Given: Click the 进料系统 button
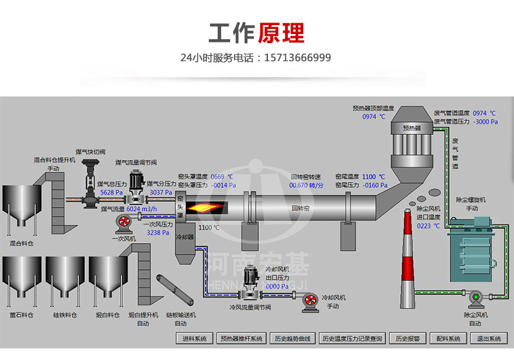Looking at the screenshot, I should click(195, 338).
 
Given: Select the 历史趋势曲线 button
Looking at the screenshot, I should click(292, 338).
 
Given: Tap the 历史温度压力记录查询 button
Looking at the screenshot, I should click(352, 338).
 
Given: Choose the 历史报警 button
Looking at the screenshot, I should click(407, 338).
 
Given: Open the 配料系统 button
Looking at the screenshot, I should click(447, 338).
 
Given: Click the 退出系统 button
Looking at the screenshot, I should click(488, 338).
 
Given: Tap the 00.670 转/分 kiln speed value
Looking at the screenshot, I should click(306, 185).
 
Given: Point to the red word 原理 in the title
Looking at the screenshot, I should click(281, 32).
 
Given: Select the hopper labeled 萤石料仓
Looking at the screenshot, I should click(21, 279).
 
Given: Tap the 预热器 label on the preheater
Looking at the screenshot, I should click(412, 128).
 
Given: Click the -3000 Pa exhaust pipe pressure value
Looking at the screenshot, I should click(485, 121).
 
